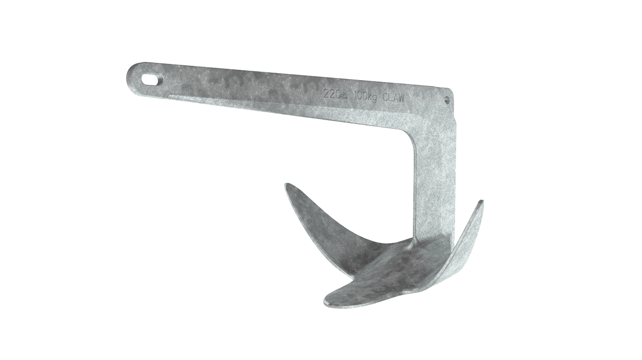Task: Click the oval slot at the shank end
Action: (x=153, y=79)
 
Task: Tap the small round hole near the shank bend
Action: (x=447, y=99)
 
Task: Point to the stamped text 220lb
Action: (x=336, y=93)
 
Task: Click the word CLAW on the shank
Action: (x=394, y=98)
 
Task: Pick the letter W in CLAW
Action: (x=401, y=98)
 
